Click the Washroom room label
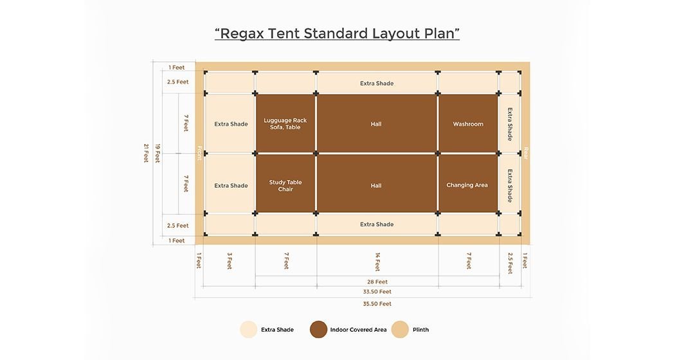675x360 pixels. pyautogui.click(x=468, y=124)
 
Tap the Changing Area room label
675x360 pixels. pyautogui.click(x=467, y=185)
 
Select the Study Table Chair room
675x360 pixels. pyautogui.click(x=285, y=183)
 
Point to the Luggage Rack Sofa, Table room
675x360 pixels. pyautogui.click(x=285, y=123)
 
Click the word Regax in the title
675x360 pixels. pyautogui.click(x=242, y=33)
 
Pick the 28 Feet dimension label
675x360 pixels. pyautogui.click(x=377, y=282)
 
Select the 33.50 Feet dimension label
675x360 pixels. pyautogui.click(x=377, y=292)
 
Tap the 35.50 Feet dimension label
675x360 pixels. pyautogui.click(x=377, y=304)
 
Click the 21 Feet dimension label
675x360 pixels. pyautogui.click(x=146, y=153)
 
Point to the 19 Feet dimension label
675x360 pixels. pyautogui.click(x=157, y=153)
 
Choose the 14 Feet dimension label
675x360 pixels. pyautogui.click(x=377, y=262)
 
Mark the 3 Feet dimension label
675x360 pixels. pyautogui.click(x=230, y=261)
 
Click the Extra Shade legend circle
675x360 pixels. pyautogui.click(x=248, y=329)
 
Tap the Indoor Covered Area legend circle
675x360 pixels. pyautogui.click(x=319, y=329)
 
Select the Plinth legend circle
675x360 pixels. pyautogui.click(x=400, y=329)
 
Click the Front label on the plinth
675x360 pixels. pyautogui.click(x=199, y=153)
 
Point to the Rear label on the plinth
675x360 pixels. pyautogui.click(x=525, y=153)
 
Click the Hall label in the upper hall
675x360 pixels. pyautogui.click(x=376, y=124)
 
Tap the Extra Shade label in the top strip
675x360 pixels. pyautogui.click(x=377, y=84)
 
